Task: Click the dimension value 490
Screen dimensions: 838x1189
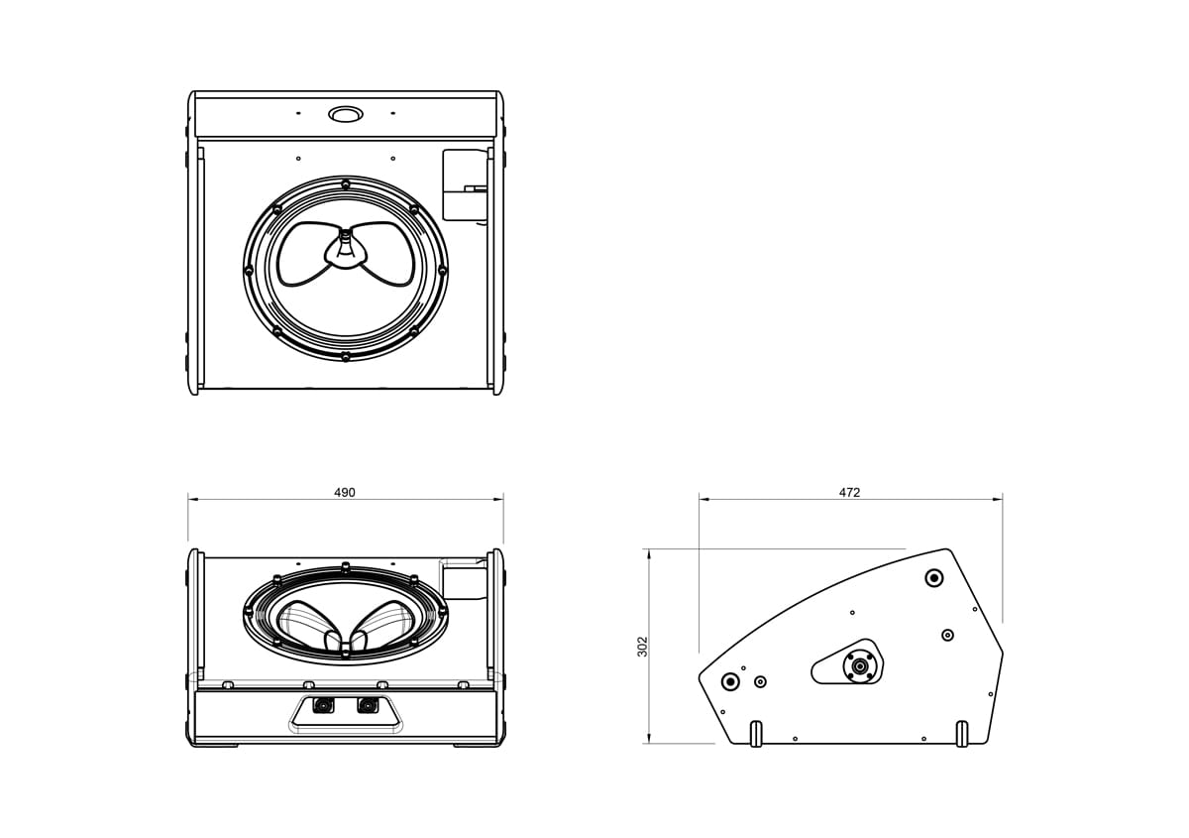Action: pyautogui.click(x=344, y=493)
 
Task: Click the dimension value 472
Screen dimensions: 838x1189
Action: pyautogui.click(x=849, y=493)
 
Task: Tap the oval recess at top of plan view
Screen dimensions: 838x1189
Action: pyautogui.click(x=346, y=114)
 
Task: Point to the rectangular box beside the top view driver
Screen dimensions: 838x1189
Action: pyautogui.click(x=464, y=184)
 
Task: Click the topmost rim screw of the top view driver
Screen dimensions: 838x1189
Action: pyautogui.click(x=345, y=183)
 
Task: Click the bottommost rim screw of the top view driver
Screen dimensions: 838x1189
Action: pyautogui.click(x=345, y=355)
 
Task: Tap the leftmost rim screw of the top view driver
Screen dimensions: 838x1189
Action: pyautogui.click(x=248, y=270)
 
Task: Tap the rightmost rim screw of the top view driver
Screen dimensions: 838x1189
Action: pyautogui.click(x=442, y=270)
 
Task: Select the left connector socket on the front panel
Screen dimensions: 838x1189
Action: pyautogui.click(x=322, y=706)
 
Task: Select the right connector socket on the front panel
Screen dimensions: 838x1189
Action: pyautogui.click(x=369, y=706)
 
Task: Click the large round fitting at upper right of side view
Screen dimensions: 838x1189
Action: pyautogui.click(x=933, y=578)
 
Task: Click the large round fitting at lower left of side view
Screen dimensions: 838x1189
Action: pyautogui.click(x=731, y=681)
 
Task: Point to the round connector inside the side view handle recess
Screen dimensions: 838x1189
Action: pyautogui.click(x=859, y=665)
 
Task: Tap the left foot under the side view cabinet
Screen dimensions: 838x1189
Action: pyautogui.click(x=756, y=734)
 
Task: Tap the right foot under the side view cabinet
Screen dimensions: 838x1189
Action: pyautogui.click(x=961, y=734)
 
